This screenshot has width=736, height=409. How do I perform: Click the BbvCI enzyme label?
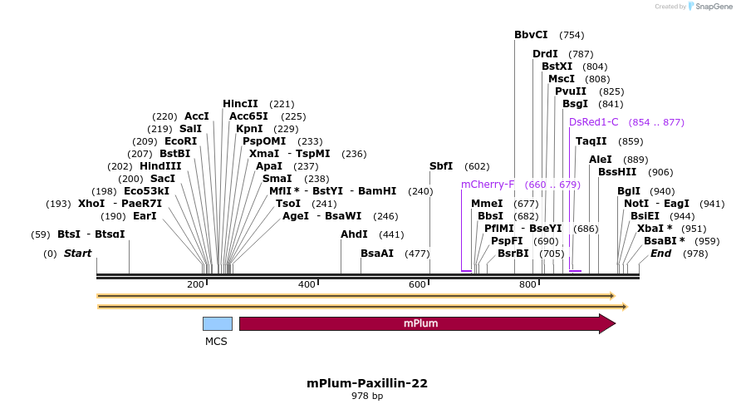(531, 35)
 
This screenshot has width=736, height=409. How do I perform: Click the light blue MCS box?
(217, 323)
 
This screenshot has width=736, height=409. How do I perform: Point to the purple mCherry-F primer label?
(488, 185)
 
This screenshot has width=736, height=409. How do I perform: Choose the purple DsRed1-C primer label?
(594, 122)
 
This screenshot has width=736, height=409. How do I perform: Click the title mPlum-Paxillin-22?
(367, 383)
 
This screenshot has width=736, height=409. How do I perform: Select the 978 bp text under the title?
(367, 397)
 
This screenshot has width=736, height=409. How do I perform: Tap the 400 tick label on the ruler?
(307, 285)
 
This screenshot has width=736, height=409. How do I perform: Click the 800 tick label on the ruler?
(527, 285)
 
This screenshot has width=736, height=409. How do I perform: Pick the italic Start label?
(77, 253)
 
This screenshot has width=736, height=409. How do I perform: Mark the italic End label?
(660, 253)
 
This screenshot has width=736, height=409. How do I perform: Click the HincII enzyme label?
(240, 104)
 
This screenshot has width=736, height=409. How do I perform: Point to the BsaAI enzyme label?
(377, 253)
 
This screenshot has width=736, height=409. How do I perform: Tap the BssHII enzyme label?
(617, 172)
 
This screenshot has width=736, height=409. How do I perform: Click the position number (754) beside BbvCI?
(572, 35)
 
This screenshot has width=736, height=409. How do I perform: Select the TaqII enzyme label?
(591, 141)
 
